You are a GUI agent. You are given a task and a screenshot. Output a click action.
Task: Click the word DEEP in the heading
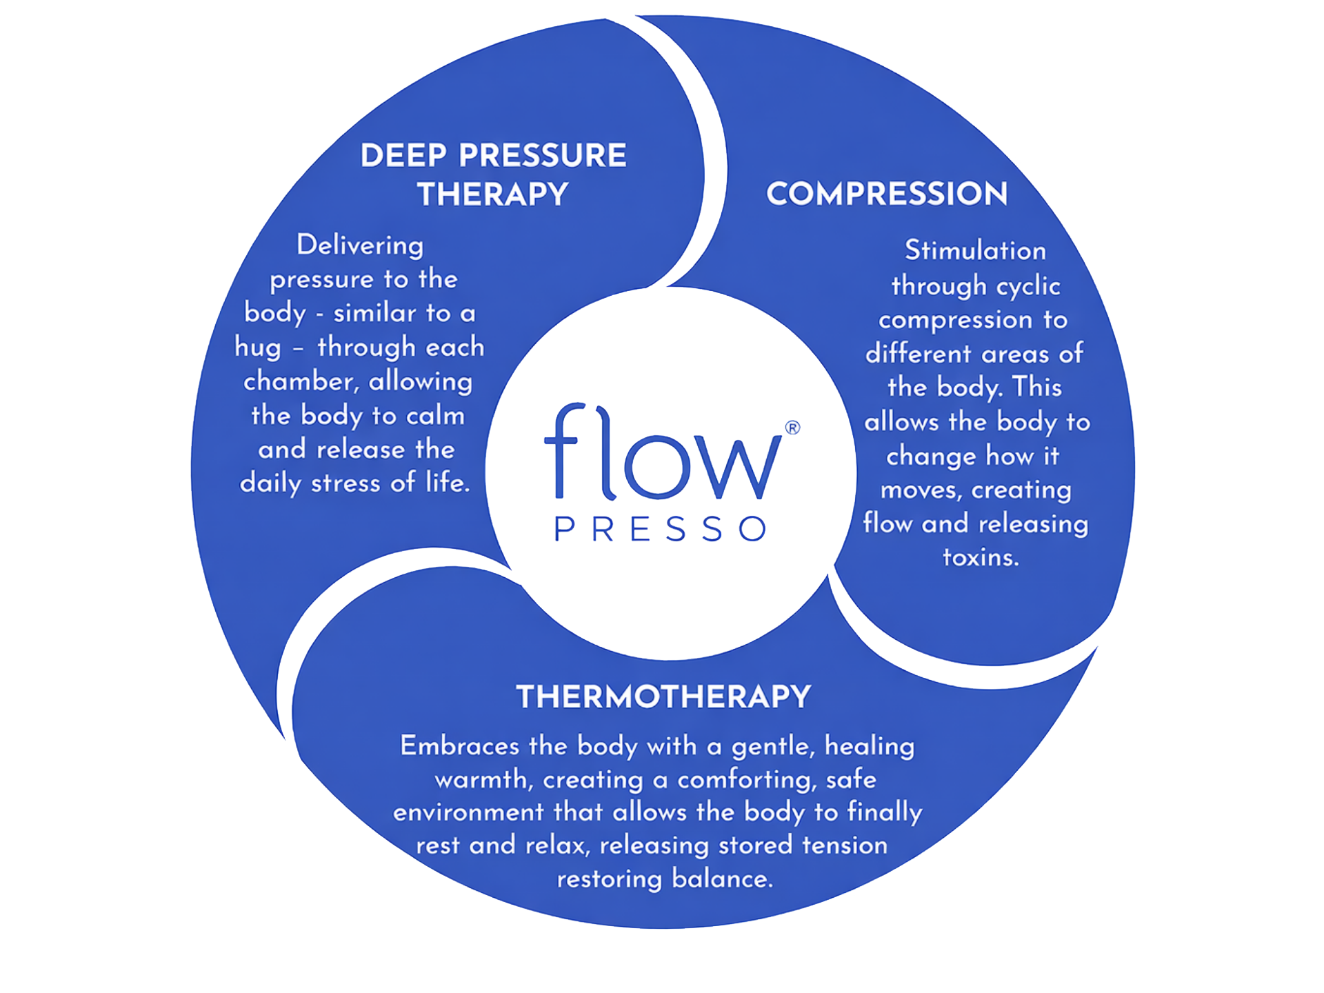coord(403,156)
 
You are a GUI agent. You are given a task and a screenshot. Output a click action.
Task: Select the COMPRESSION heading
coord(887,194)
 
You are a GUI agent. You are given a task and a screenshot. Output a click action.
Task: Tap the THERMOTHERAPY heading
coord(663,697)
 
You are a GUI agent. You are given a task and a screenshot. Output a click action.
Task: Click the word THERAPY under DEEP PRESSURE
coord(492,194)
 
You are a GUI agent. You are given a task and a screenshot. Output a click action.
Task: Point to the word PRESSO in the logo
coord(661,530)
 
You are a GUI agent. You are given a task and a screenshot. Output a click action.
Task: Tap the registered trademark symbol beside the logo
coord(793,428)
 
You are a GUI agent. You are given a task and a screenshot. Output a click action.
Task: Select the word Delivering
coord(360,245)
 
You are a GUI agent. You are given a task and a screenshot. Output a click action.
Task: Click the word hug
coord(257,348)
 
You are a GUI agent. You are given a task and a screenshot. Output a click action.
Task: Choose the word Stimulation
coord(975,251)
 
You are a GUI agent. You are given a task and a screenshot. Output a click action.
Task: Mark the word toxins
coord(981,557)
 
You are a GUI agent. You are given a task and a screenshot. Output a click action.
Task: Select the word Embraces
coord(459,746)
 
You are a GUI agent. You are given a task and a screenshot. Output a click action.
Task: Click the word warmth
coord(483,780)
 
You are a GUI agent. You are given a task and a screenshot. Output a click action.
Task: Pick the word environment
coord(468,812)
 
